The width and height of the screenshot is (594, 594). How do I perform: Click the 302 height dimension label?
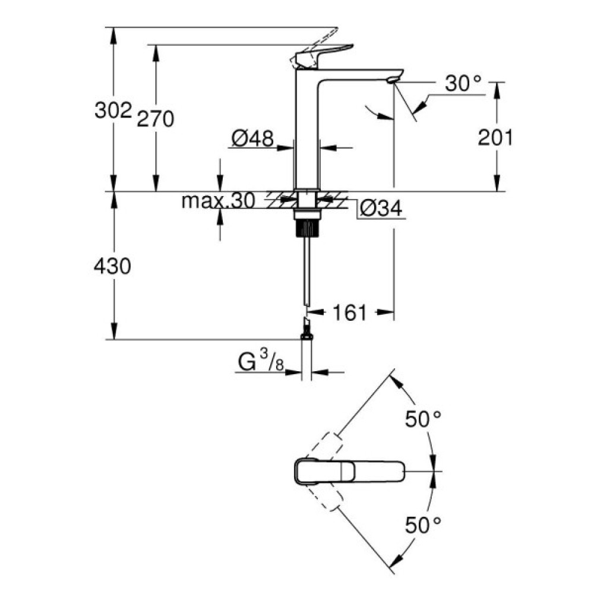click(112, 111)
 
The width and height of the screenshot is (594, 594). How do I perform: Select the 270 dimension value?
click(155, 119)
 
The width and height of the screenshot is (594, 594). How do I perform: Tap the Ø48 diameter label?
click(253, 139)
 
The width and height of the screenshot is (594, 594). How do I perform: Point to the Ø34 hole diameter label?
click(381, 208)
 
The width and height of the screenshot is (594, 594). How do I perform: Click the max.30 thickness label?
click(218, 201)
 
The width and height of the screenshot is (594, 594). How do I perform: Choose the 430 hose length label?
click(112, 267)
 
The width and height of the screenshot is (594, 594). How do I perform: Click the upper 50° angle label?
click(424, 419)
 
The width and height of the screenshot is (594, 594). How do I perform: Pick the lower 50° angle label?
click(424, 525)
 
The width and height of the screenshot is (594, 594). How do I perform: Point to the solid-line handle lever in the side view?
click(324, 55)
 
